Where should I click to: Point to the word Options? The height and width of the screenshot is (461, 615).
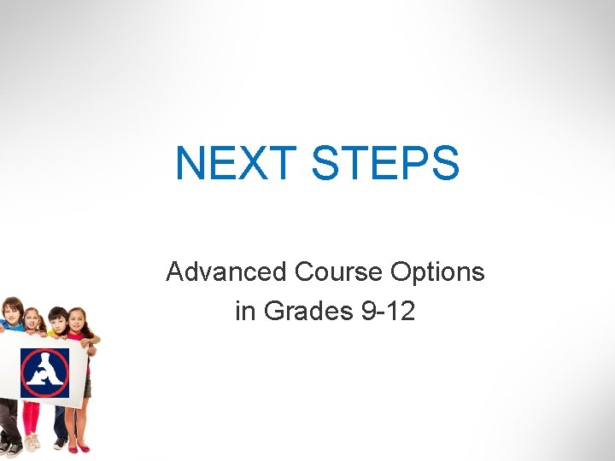point(437,272)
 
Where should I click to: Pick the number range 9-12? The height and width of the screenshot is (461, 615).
point(389,312)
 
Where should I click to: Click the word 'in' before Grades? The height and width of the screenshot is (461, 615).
point(245,312)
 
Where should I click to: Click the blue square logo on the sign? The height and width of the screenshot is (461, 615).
point(44,372)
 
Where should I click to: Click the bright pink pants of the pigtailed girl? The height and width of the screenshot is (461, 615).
point(31,418)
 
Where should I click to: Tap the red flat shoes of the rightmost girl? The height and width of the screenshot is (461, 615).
point(77,446)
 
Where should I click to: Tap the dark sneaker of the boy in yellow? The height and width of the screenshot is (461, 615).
point(60,443)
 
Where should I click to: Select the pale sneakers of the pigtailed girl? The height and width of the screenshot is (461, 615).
point(32,442)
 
